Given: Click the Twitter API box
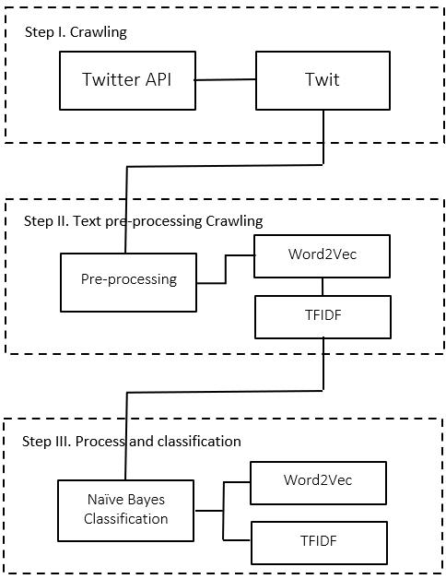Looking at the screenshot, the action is (127, 80).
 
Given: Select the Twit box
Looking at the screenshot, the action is (323, 80).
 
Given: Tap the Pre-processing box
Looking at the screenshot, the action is (128, 282).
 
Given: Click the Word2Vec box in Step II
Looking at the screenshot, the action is (322, 256).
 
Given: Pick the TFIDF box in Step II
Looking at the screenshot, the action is (323, 317).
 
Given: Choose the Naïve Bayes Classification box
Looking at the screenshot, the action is (126, 511).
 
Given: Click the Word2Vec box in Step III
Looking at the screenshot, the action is (318, 482).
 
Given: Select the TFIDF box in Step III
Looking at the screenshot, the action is (320, 543).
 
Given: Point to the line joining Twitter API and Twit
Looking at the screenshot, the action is (225, 80).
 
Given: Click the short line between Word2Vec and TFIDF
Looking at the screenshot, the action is (323, 287).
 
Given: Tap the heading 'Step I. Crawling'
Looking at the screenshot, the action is (76, 32).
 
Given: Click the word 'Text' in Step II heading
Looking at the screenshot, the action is (88, 221).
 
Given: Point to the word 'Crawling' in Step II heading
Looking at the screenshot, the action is (234, 221).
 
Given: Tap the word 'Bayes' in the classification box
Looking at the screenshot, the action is (147, 500).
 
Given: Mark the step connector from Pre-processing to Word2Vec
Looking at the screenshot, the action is (226, 269).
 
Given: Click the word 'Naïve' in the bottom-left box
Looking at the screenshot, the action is (106, 499).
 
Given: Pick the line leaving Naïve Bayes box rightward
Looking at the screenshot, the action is (209, 511).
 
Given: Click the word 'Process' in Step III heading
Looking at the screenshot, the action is (100, 442).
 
